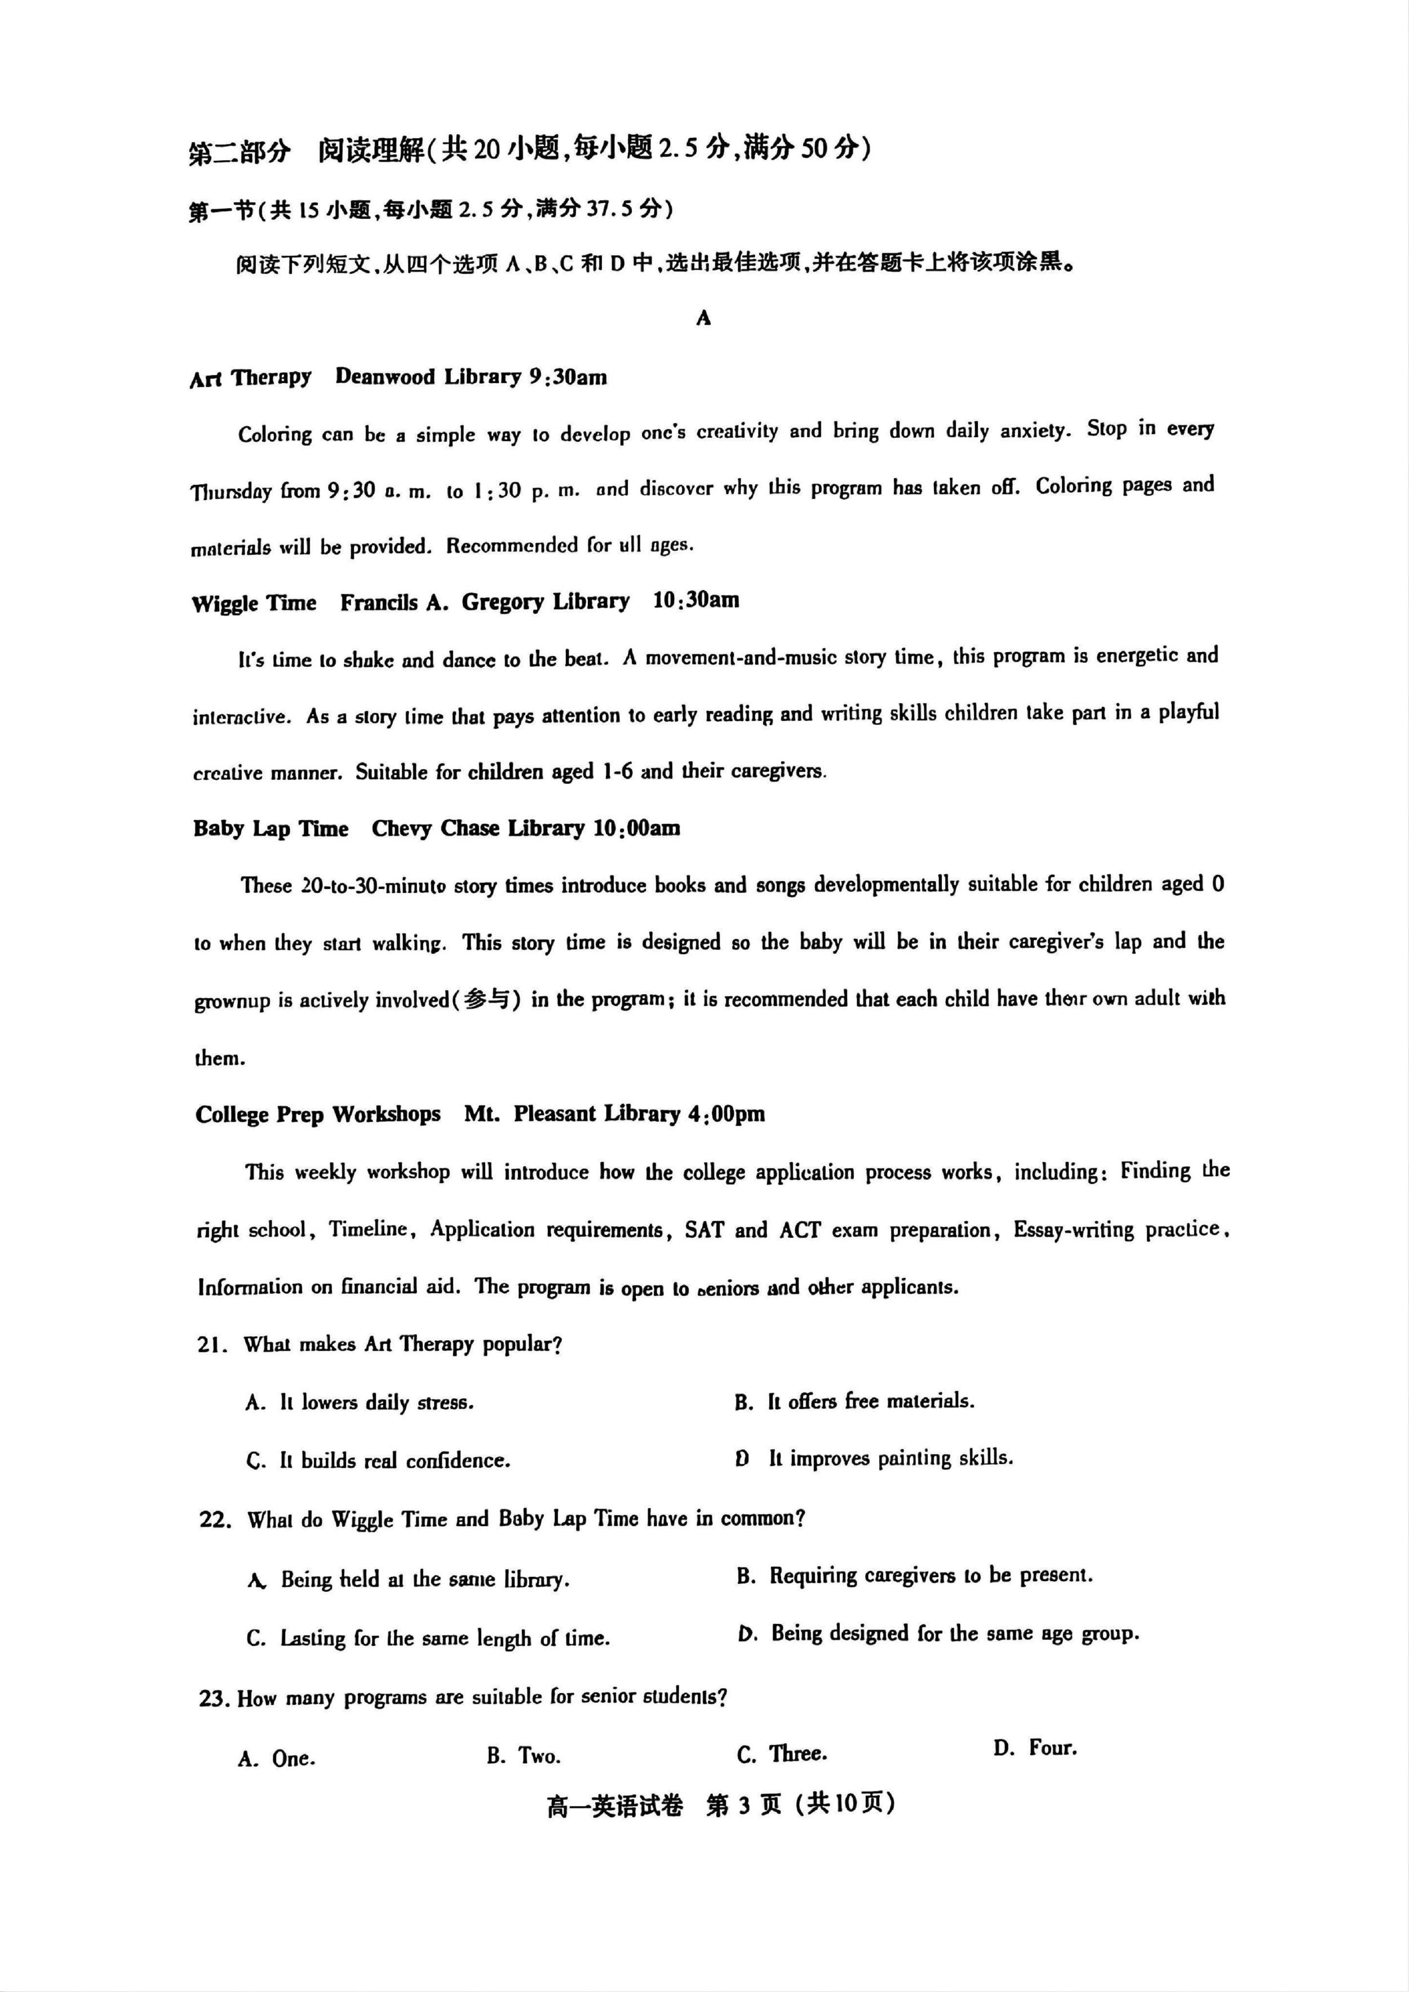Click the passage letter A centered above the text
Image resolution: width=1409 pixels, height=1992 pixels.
click(704, 318)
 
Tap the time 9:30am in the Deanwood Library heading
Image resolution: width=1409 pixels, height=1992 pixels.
click(568, 377)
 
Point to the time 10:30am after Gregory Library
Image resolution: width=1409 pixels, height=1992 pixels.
click(696, 601)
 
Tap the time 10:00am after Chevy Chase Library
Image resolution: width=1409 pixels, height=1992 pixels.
click(637, 829)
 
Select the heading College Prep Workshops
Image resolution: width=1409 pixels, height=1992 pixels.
click(317, 1115)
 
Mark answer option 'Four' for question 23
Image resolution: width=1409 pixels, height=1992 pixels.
click(1052, 1748)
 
